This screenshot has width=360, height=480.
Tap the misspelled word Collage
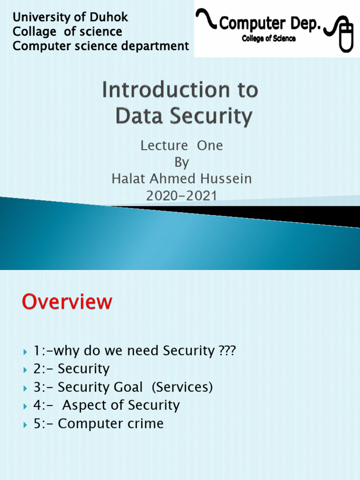coord(34,32)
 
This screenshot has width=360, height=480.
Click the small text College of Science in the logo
coord(269,39)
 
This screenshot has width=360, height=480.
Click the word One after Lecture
coord(210,146)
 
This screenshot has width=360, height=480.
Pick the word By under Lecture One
coord(181,162)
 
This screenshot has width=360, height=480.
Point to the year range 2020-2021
coord(181,195)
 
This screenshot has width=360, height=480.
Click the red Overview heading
coord(67,302)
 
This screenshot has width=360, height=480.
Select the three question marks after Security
coord(227,351)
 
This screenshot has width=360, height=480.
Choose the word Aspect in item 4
coord(83,405)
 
